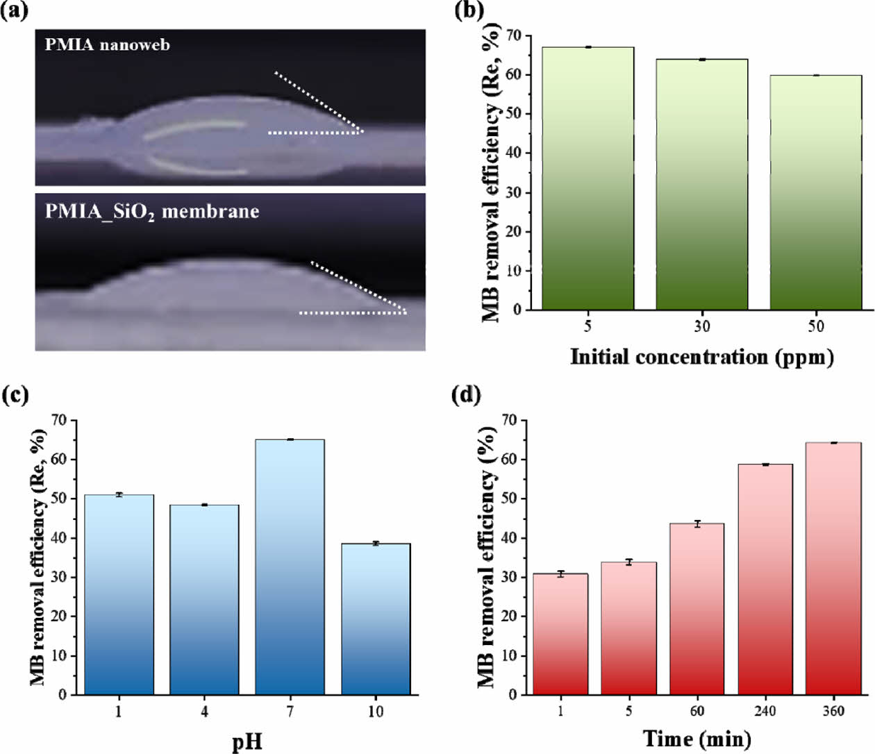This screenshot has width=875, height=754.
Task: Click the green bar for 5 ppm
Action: tap(587, 178)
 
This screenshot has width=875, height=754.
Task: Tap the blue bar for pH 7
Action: tap(290, 567)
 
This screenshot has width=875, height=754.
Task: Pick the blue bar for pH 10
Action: tap(376, 619)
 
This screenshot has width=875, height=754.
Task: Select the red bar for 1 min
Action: tap(560, 634)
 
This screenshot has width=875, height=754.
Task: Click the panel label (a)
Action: tap(15, 12)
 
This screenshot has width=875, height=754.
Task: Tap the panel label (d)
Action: tap(466, 395)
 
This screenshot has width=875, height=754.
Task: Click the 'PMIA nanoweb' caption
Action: tap(107, 45)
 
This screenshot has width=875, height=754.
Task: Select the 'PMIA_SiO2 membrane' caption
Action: tap(151, 211)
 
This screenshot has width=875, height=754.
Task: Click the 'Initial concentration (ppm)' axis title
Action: tap(701, 357)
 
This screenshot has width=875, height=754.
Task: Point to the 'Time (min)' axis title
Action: tap(697, 739)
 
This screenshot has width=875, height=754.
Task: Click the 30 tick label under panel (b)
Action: tap(701, 326)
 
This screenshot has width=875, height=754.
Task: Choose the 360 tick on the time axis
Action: tap(833, 711)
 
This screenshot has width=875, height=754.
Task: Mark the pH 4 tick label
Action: tap(204, 712)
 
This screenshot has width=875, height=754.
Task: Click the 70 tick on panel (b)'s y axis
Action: tap(513, 35)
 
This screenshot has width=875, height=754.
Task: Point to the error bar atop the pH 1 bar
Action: tap(119, 494)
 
